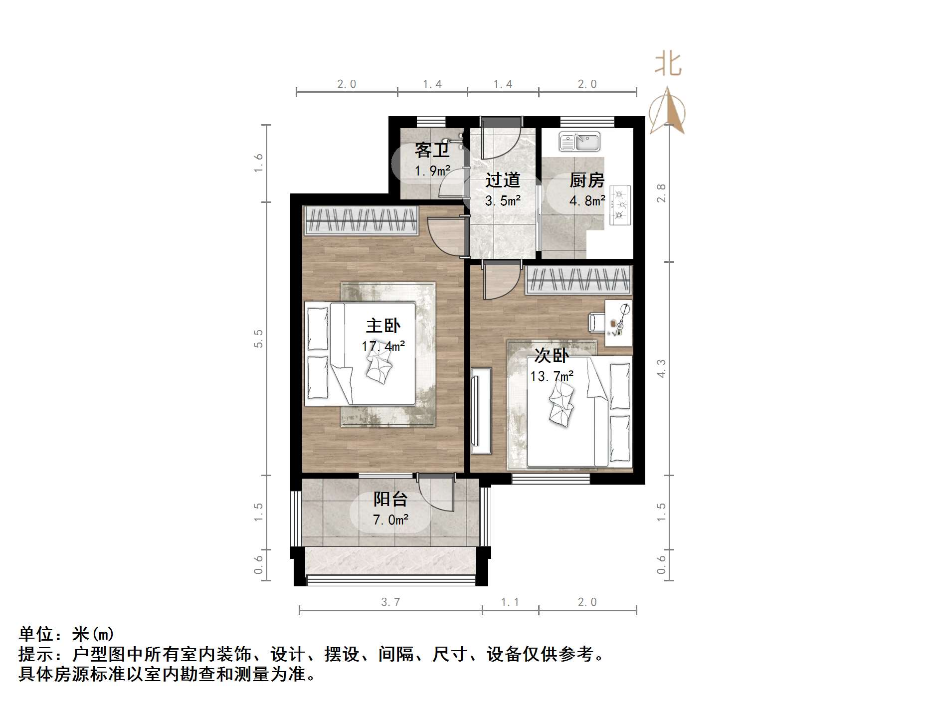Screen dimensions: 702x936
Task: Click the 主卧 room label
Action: point(382,326)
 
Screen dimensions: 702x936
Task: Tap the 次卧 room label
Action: point(551,356)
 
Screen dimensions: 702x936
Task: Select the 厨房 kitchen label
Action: point(587,180)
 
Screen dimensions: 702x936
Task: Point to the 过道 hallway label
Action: point(503,180)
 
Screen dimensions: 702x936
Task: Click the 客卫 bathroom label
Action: point(432,150)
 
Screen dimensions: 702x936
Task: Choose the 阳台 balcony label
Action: point(390,499)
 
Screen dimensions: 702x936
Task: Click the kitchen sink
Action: point(579,142)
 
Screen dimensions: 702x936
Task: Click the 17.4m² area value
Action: point(383,346)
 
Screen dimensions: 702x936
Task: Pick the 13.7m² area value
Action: point(552,376)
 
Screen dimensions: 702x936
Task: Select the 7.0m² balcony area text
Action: point(390,520)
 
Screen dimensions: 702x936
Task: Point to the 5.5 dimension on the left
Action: point(258,339)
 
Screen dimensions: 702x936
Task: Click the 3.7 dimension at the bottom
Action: point(390,602)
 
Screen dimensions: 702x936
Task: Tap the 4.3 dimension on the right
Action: point(661,368)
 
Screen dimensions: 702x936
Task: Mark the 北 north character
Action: point(668,65)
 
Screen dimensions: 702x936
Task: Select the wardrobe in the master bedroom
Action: point(361,220)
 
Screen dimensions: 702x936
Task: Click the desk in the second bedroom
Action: point(618,323)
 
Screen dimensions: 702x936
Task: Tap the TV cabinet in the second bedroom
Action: point(481,411)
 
